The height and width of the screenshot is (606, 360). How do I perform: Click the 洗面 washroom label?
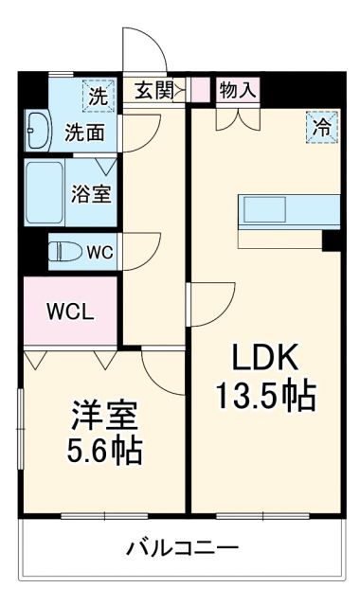coord(84,133)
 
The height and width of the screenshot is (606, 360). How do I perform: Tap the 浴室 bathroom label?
coord(92,193)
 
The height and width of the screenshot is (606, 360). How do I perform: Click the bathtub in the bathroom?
coord(45,192)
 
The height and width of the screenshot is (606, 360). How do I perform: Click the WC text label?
coord(99,253)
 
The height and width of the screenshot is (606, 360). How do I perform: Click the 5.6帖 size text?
coord(104,451)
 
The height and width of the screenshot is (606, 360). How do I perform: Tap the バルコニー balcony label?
coord(182,547)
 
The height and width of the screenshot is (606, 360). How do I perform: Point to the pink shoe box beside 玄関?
coord(200,90)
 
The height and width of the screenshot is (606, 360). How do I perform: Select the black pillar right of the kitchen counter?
coord(331,240)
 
